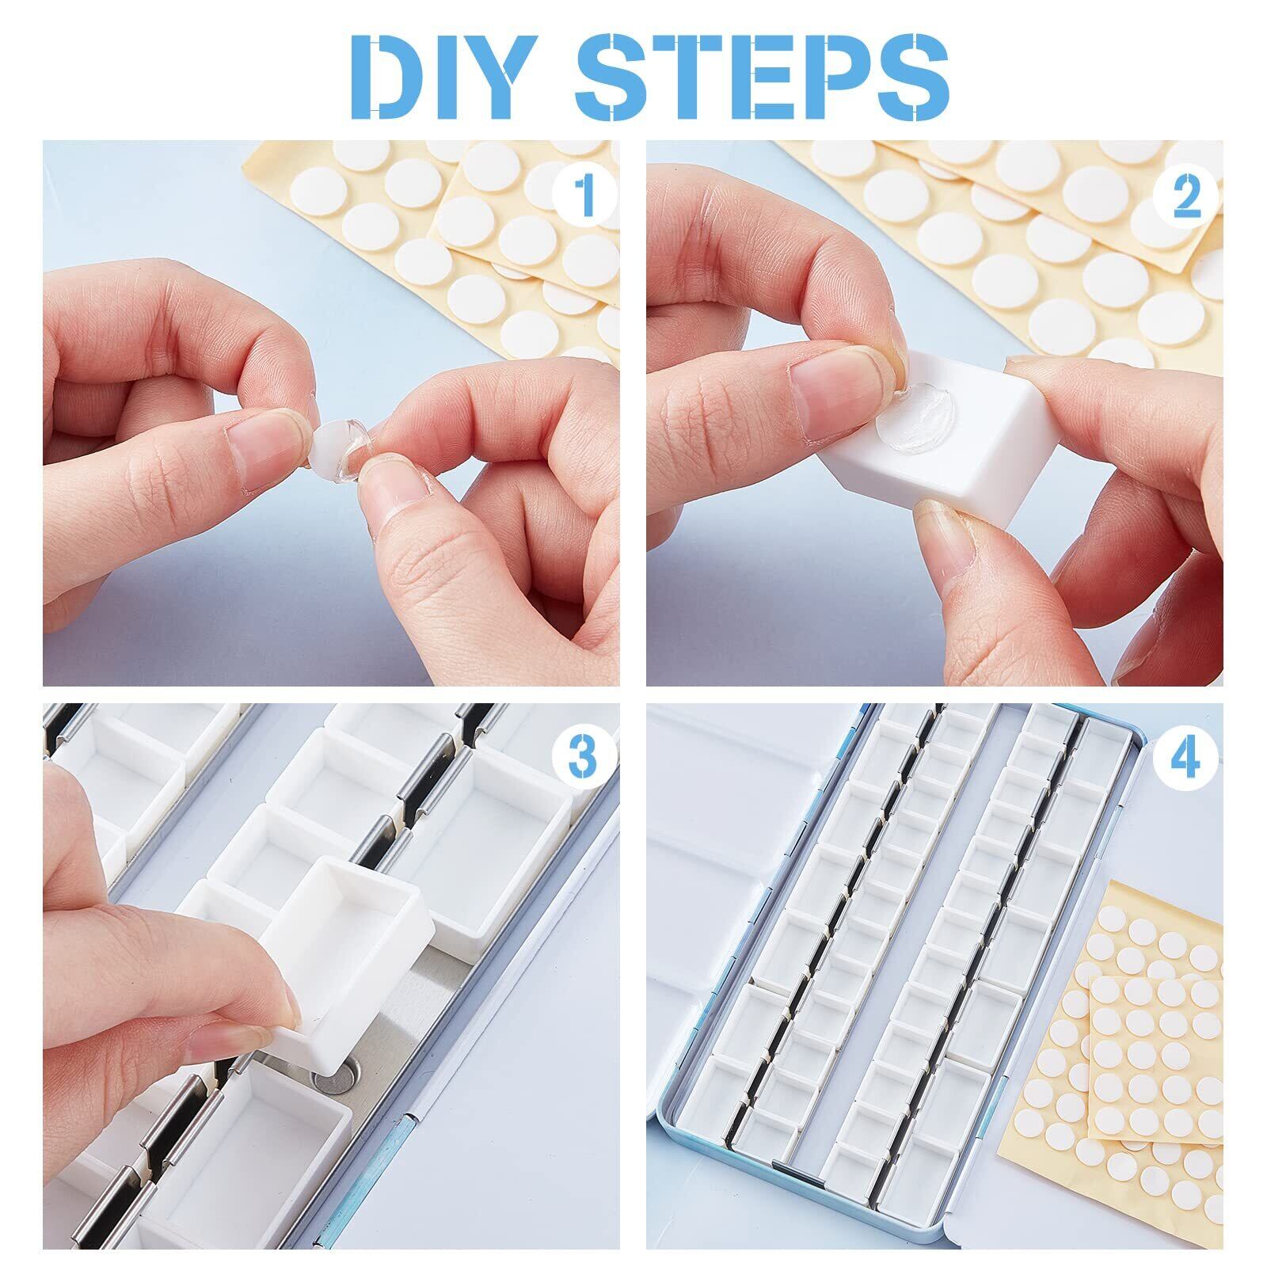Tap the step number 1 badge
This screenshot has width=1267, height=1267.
coord(585,196)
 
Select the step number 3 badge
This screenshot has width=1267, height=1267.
coord(584,757)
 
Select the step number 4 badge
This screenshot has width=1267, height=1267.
coord(1185,757)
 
